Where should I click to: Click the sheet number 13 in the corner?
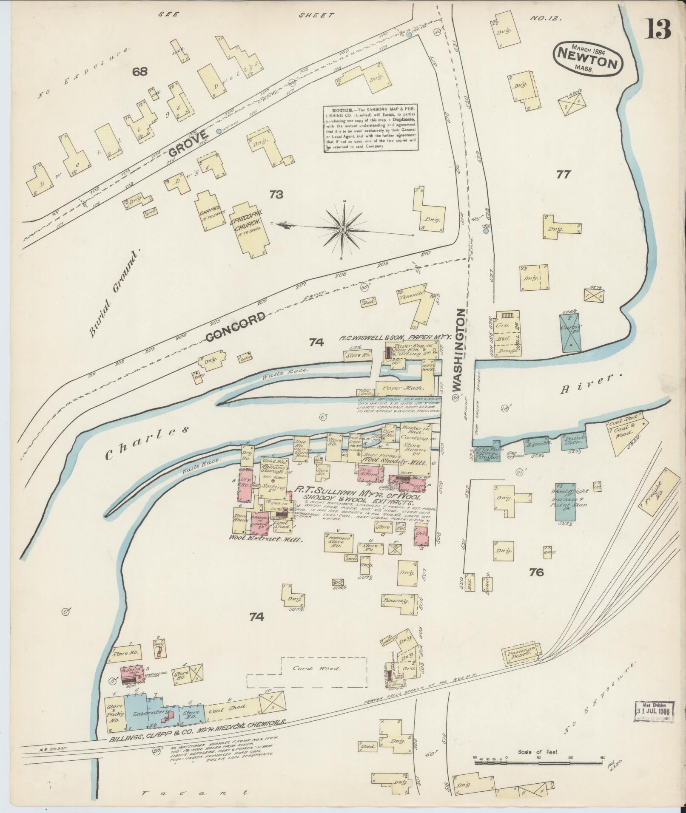[659, 29]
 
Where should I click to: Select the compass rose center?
[342, 229]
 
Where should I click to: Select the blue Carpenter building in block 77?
[569, 332]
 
